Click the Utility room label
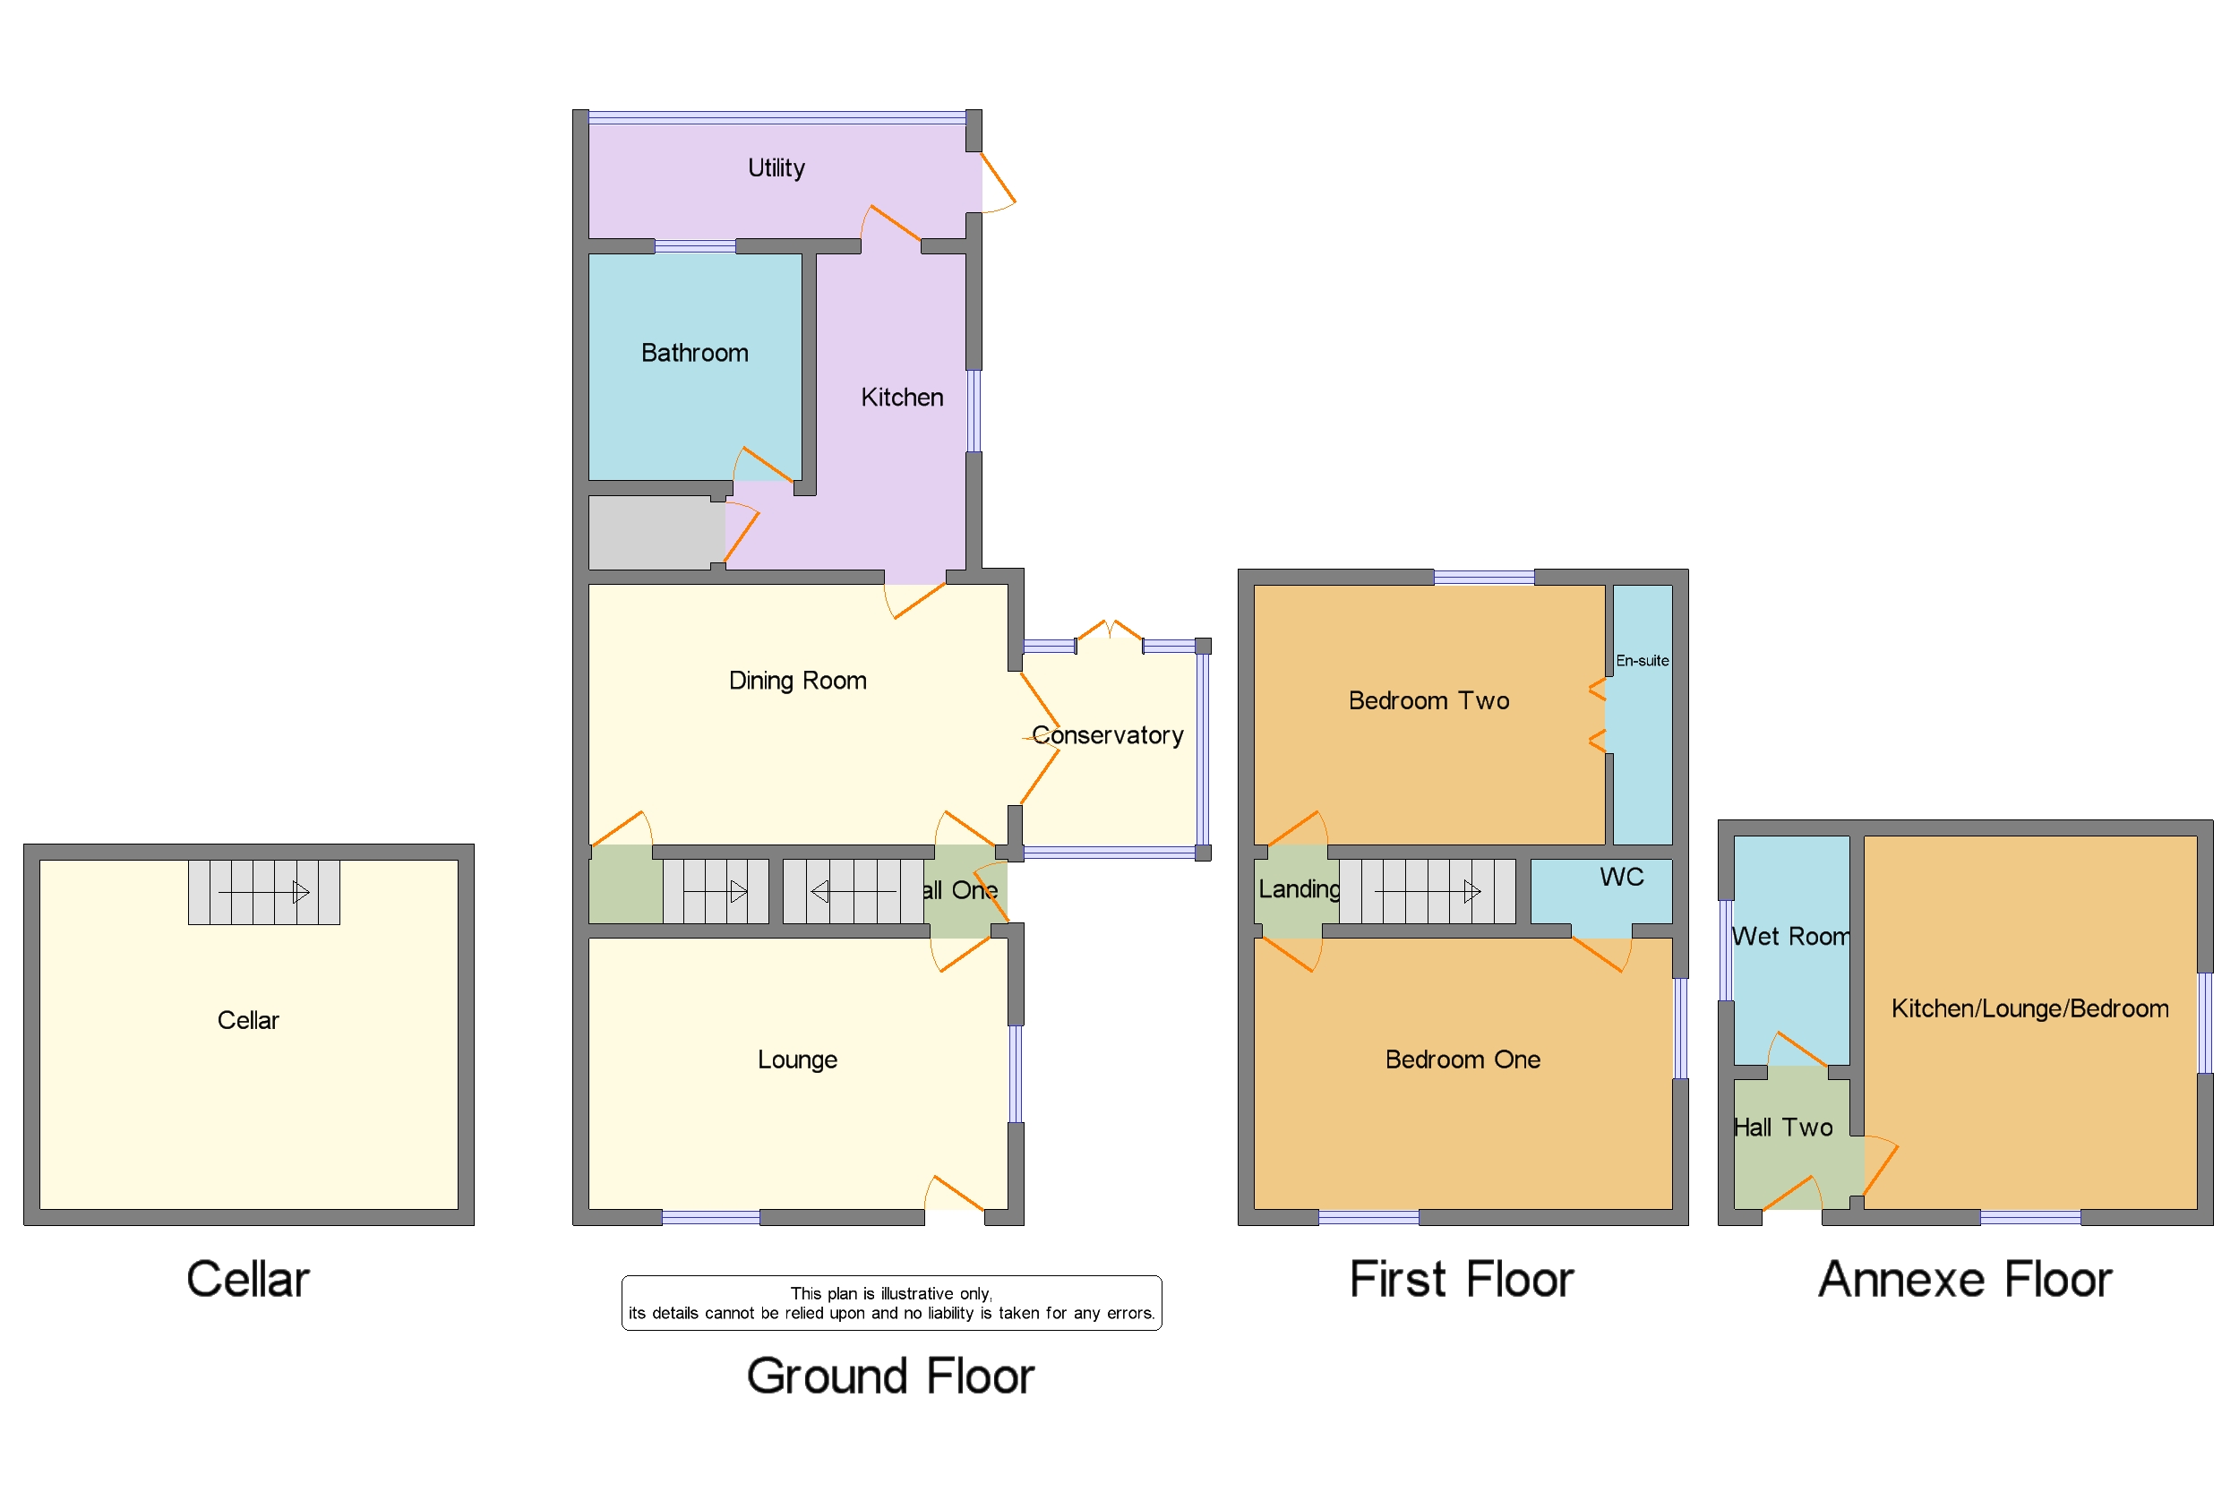[x=776, y=168]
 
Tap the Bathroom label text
[x=695, y=353]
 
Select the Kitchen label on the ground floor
[x=901, y=398]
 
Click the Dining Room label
[x=797, y=681]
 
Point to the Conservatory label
[x=1107, y=735]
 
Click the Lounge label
[x=797, y=1059]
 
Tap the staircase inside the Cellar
[x=263, y=893]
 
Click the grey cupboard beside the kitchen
[x=656, y=533]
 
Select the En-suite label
[x=1642, y=660]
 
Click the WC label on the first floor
[x=1621, y=877]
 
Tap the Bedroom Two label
[x=1428, y=700]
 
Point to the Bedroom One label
[x=1462, y=1059]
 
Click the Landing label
[x=1298, y=888]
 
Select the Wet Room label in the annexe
[x=1790, y=937]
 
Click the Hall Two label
[x=1782, y=1128]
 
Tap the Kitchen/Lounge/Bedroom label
[x=2029, y=1008]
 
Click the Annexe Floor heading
[x=1964, y=1279]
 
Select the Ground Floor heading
[x=889, y=1376]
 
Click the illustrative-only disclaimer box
[x=890, y=1303]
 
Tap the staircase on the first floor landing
[x=1427, y=892]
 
